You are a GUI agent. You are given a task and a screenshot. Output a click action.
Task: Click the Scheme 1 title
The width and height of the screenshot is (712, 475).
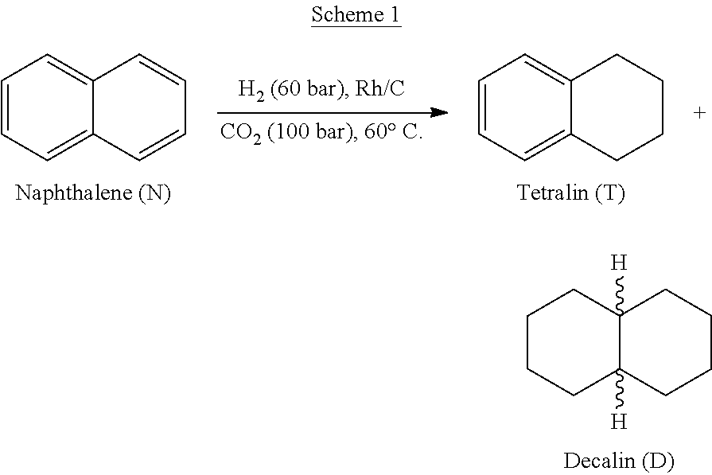pyautogui.click(x=356, y=15)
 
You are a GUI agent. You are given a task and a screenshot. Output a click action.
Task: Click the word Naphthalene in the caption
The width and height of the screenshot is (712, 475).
pyautogui.click(x=73, y=193)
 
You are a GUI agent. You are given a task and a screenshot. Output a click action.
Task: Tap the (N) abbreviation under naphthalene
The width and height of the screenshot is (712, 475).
pyautogui.click(x=154, y=193)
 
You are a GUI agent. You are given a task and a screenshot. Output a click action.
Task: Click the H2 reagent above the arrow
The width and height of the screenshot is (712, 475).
pyautogui.click(x=251, y=89)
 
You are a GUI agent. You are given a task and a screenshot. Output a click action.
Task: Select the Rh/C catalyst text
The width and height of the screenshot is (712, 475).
pyautogui.click(x=379, y=88)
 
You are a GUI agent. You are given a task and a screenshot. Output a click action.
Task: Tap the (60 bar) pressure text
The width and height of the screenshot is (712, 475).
pyautogui.click(x=309, y=88)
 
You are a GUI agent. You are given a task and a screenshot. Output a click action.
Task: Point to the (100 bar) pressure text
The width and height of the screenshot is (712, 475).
pyautogui.click(x=310, y=132)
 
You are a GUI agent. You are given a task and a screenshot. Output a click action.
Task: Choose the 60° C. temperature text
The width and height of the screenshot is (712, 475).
pyautogui.click(x=393, y=132)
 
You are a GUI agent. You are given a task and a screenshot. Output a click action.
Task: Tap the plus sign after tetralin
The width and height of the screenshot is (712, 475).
pyautogui.click(x=699, y=112)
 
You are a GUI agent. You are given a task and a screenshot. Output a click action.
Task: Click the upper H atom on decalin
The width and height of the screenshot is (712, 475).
pyautogui.click(x=619, y=263)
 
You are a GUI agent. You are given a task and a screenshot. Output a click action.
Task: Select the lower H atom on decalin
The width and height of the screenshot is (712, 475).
pyautogui.click(x=619, y=422)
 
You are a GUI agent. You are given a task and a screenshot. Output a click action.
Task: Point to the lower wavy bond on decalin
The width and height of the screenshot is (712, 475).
pyautogui.click(x=620, y=389)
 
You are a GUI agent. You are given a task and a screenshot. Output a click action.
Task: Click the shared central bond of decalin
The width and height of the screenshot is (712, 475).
pyautogui.click(x=620, y=341)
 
